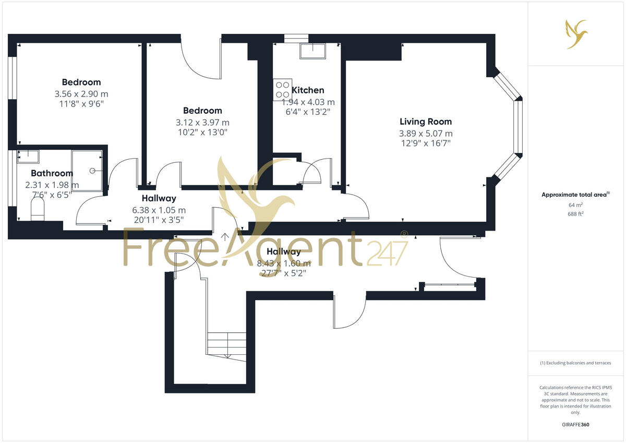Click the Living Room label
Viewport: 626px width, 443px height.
tap(426, 122)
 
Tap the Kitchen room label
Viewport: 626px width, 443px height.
tap(308, 90)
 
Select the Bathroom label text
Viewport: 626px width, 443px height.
tap(52, 173)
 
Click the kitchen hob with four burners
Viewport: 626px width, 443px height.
tap(282, 89)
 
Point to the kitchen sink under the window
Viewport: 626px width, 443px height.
tap(312, 51)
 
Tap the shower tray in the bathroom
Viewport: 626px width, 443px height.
tap(87, 171)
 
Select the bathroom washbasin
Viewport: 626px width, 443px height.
tap(28, 155)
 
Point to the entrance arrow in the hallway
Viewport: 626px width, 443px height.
tap(225, 237)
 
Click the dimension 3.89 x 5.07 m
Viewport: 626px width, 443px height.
tap(426, 134)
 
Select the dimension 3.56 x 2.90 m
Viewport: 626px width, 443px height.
tap(81, 94)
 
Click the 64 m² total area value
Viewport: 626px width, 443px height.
tap(575, 205)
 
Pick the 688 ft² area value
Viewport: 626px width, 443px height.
tap(575, 214)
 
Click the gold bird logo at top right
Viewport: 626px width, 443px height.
tap(576, 33)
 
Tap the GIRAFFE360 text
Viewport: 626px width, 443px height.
tap(575, 425)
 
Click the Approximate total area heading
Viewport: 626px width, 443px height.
tap(575, 195)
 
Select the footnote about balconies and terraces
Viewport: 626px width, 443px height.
tap(575, 363)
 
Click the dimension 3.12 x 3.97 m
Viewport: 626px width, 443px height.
tap(202, 123)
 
